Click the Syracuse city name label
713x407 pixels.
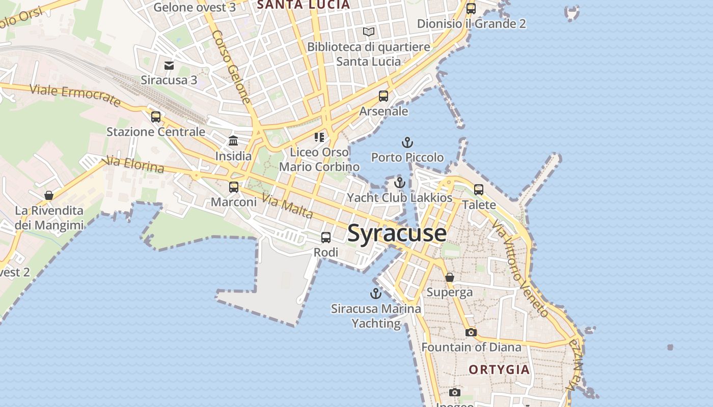point(397,234)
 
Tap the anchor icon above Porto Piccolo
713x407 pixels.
point(407,142)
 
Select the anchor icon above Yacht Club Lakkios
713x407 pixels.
point(400,182)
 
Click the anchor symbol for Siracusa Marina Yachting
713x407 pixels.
point(375,293)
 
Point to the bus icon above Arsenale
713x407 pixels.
point(383,96)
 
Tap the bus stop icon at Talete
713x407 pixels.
point(479,189)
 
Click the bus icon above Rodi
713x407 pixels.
point(325,237)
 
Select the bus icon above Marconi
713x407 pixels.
point(234,187)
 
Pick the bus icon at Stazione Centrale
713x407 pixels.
point(156,117)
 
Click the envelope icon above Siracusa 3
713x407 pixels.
point(169,65)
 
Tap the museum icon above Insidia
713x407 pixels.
point(233,140)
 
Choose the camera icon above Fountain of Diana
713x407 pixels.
point(471,332)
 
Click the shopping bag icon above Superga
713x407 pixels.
point(450,277)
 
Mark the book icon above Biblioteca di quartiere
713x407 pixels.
point(369,32)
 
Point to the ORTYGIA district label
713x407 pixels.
point(499,369)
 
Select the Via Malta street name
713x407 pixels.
point(288,206)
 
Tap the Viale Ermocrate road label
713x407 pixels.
point(75,95)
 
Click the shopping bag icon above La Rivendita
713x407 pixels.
point(49,195)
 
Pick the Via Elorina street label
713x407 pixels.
point(133,165)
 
